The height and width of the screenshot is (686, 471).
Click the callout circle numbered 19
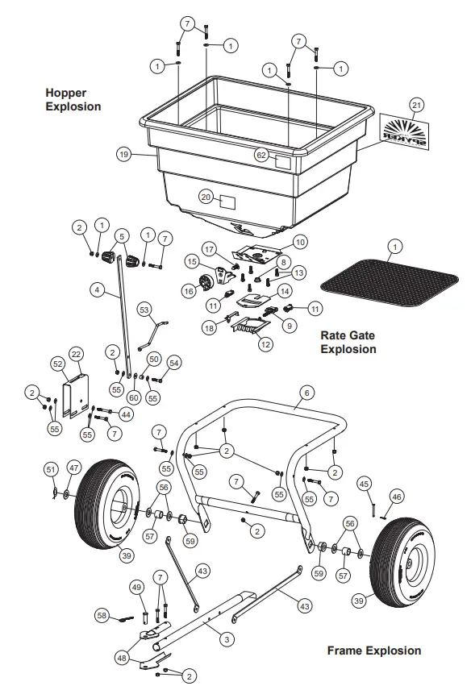pos(123,154)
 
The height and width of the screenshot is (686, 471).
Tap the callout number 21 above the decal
pos(416,104)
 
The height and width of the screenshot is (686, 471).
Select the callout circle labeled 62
pos(261,155)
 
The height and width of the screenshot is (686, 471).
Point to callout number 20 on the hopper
pos(206,197)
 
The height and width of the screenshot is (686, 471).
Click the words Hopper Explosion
pos(73,99)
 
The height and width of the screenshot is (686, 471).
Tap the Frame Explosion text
pos(373,651)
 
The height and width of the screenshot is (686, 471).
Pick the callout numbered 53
pos(144,308)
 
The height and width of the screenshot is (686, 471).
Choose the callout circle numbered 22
pos(77,354)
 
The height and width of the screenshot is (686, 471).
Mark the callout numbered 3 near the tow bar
pos(228,638)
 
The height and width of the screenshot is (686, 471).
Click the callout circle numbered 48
pos(121,658)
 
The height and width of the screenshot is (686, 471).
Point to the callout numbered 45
pos(365,484)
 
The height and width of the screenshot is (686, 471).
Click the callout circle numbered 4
pos(97,287)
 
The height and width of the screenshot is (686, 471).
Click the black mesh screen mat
pos(390,281)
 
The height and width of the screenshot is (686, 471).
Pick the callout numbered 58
pos(101,615)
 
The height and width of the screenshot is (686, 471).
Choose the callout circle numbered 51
pos(51,468)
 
